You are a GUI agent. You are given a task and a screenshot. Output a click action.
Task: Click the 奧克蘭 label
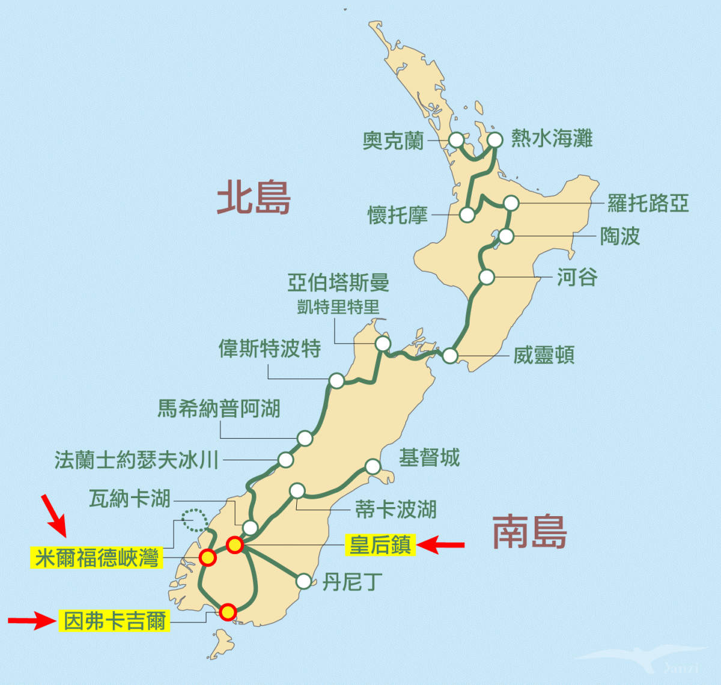(394, 141)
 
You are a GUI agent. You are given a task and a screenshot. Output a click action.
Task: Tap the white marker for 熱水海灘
(494, 140)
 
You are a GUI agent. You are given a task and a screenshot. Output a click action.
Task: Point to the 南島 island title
(529, 532)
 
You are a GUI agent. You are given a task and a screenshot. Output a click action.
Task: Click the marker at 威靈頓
(450, 356)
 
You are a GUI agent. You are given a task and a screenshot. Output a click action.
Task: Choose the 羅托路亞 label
(648, 203)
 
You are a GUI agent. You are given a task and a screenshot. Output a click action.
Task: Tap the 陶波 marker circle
(507, 236)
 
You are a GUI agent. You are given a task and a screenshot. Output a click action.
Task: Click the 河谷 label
(577, 278)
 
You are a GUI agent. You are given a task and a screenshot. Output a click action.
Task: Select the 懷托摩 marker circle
(467, 215)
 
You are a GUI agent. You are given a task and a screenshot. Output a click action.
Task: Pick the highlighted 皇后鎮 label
(380, 545)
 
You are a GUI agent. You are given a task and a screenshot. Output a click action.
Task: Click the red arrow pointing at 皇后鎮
(440, 545)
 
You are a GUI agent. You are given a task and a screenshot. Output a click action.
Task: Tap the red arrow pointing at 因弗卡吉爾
(31, 620)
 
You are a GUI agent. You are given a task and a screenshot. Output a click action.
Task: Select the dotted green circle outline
(194, 520)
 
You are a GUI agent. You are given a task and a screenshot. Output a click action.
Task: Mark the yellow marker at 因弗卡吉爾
(227, 612)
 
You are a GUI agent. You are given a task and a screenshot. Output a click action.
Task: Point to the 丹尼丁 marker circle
(304, 581)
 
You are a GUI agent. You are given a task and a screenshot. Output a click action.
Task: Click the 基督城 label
(429, 458)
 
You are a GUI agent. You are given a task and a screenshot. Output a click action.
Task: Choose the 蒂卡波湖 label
(395, 510)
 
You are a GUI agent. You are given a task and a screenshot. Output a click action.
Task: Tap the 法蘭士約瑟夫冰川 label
(136, 460)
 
